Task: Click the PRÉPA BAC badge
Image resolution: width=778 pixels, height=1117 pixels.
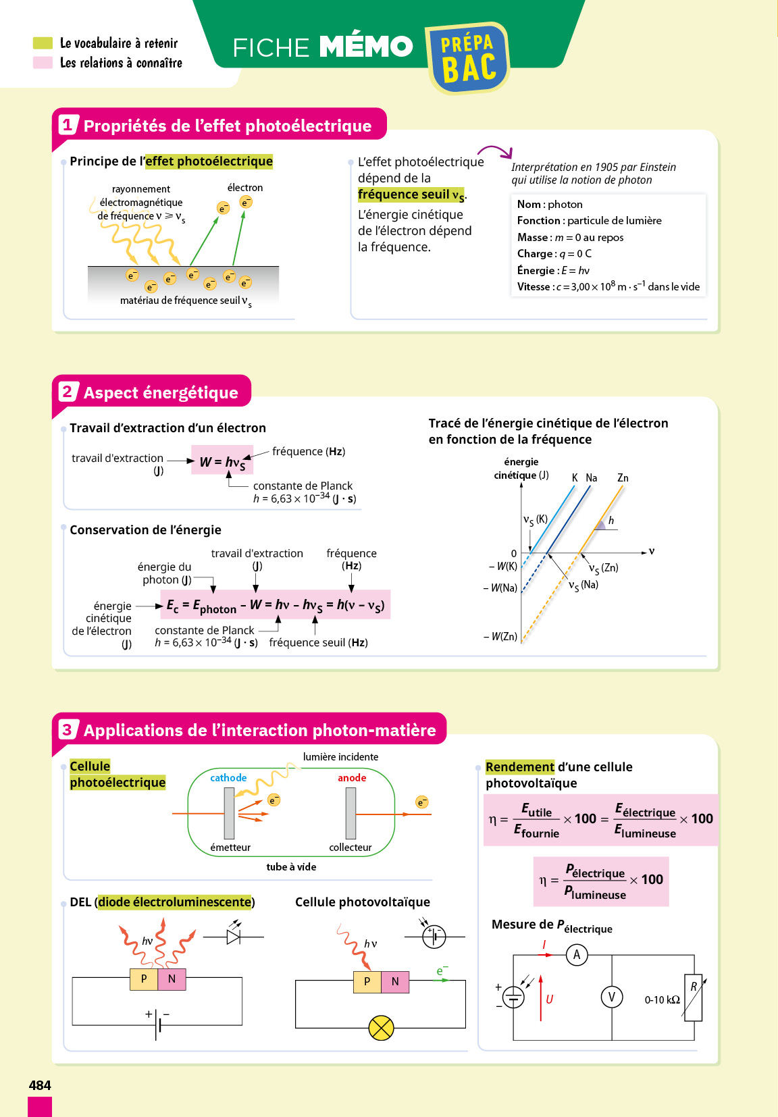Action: click(x=467, y=59)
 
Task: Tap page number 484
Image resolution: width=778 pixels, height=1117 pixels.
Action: click(x=40, y=1085)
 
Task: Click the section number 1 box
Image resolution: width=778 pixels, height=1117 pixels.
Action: click(x=67, y=125)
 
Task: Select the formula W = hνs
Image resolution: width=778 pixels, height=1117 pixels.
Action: click(x=222, y=461)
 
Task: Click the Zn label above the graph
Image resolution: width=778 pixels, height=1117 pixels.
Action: click(x=623, y=478)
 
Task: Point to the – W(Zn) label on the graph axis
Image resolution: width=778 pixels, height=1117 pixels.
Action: click(x=500, y=636)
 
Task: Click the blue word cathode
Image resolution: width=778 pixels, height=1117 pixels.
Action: click(x=228, y=778)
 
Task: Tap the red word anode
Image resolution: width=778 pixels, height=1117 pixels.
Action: click(x=352, y=778)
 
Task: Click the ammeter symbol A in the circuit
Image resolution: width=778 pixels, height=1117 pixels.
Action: click(x=577, y=955)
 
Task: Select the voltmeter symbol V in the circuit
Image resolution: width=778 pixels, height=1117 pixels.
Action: click(x=612, y=997)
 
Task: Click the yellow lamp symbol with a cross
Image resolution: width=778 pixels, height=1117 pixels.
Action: click(x=381, y=1028)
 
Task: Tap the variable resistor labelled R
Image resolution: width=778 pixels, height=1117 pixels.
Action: click(x=694, y=997)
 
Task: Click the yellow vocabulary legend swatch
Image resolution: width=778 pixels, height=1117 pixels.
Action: click(x=43, y=43)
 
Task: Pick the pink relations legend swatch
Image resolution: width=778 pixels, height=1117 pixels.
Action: click(x=43, y=63)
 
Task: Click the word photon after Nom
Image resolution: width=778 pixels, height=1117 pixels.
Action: click(x=565, y=205)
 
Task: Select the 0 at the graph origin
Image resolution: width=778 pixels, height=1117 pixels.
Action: click(x=514, y=554)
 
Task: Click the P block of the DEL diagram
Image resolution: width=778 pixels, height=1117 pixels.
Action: click(x=144, y=979)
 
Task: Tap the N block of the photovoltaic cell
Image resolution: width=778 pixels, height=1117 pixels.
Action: click(x=395, y=981)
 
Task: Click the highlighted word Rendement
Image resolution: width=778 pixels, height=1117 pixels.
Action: click(x=520, y=767)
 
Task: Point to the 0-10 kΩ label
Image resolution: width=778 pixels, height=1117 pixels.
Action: click(x=662, y=1000)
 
